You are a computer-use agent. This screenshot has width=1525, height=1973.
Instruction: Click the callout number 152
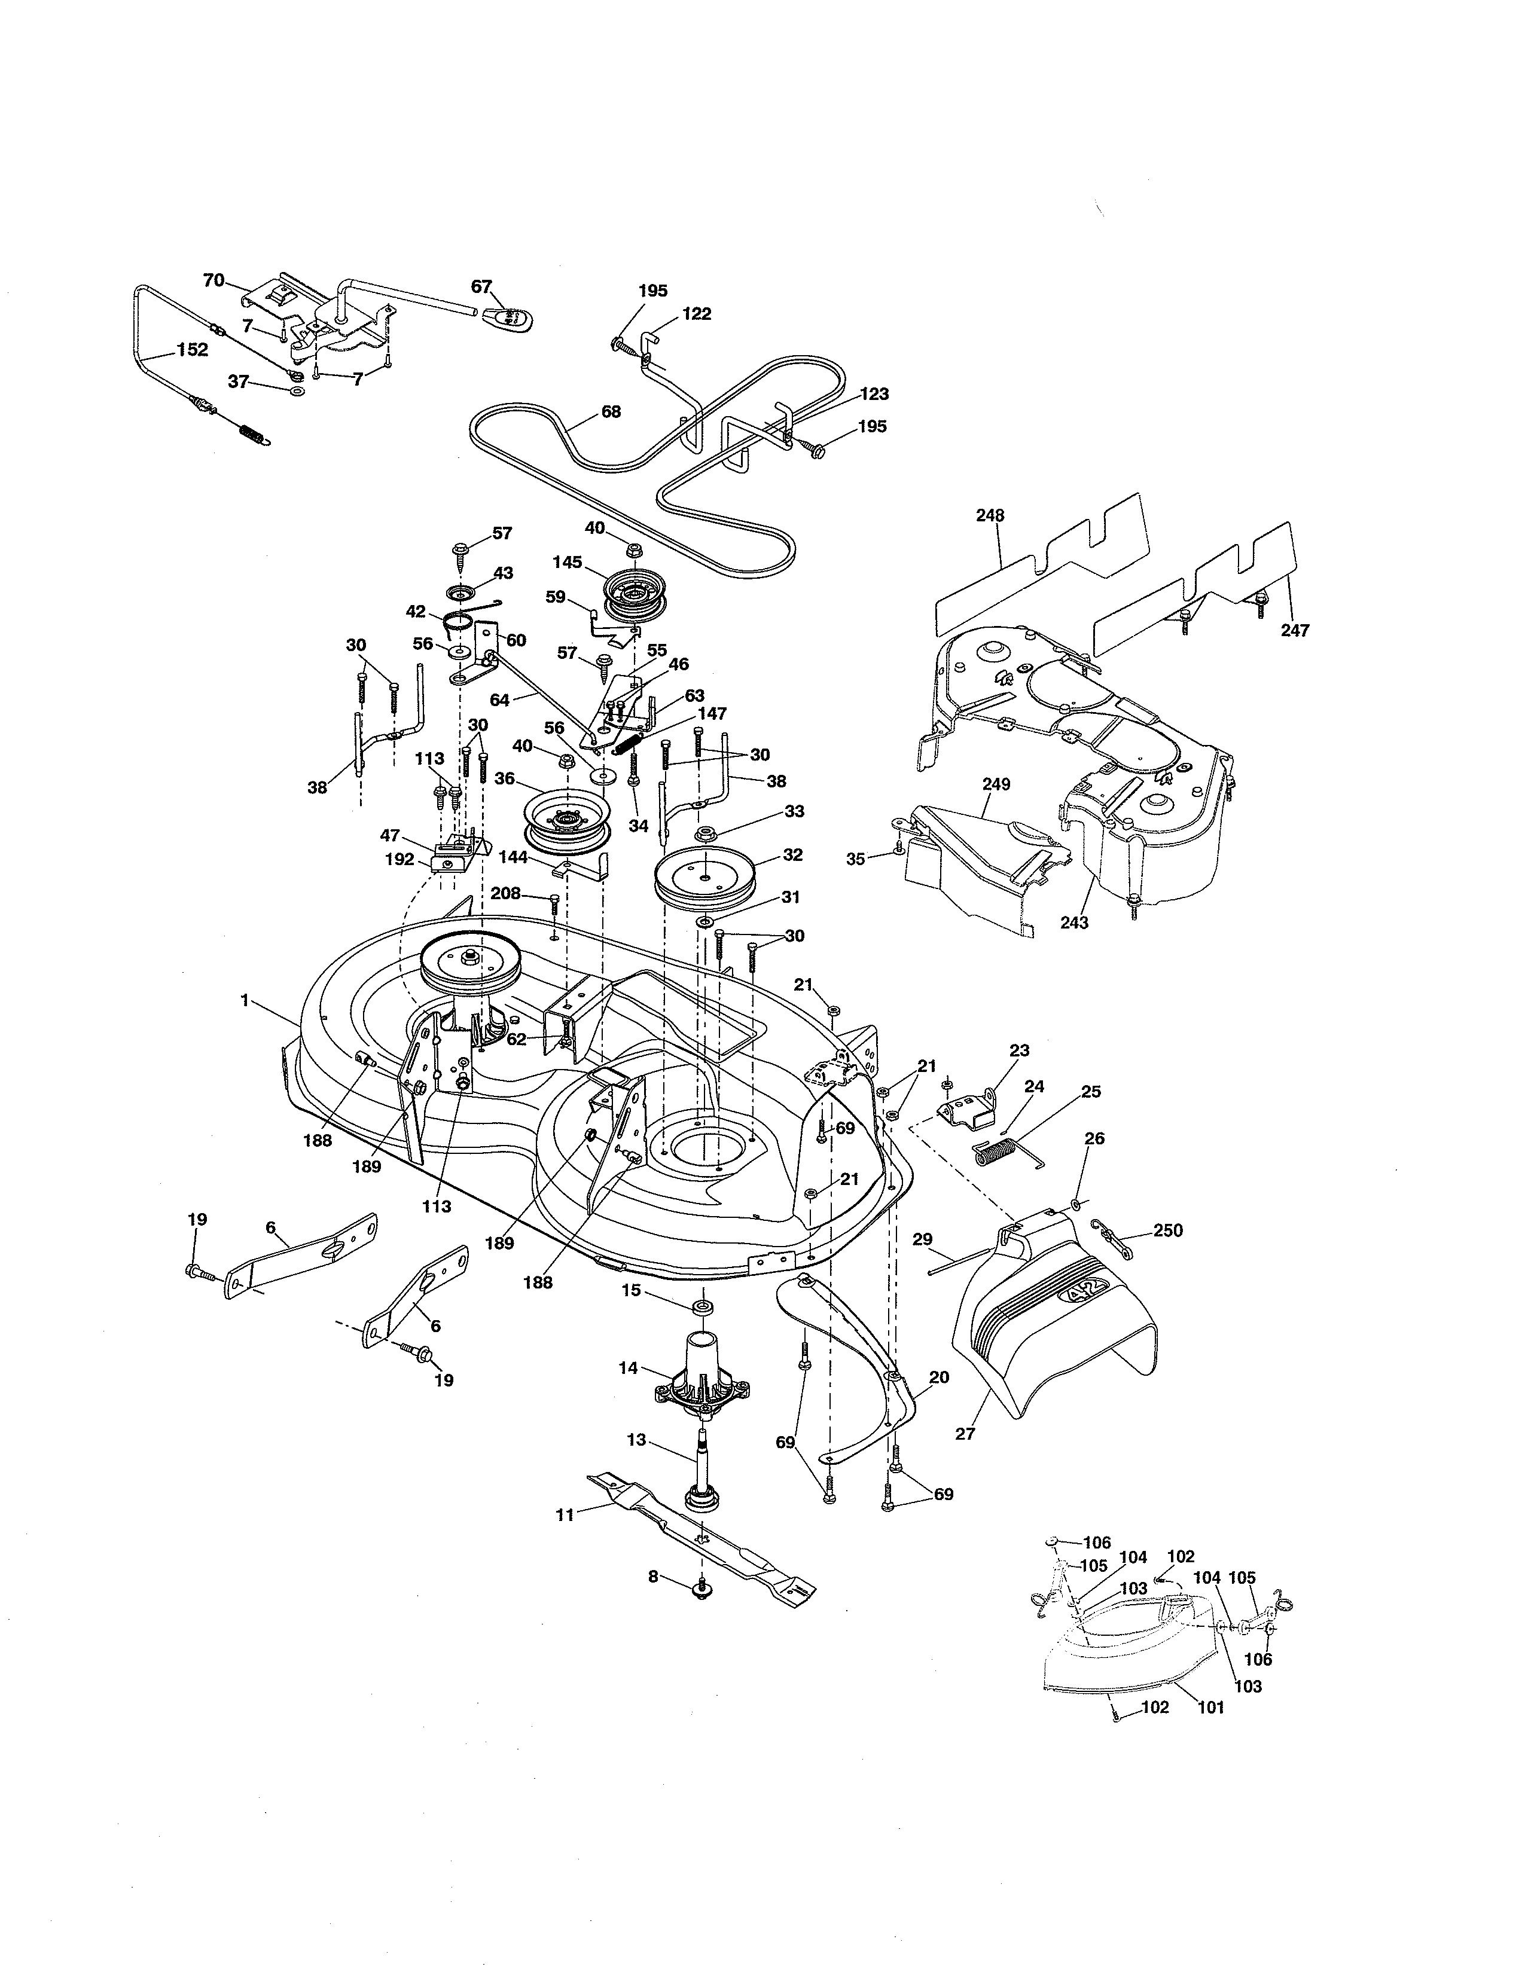tap(193, 350)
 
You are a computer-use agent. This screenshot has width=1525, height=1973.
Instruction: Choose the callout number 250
tap(1168, 1230)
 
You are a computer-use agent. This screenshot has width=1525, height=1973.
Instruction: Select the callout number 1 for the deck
tap(244, 1000)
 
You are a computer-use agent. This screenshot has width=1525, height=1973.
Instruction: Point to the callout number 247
tap(1294, 631)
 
